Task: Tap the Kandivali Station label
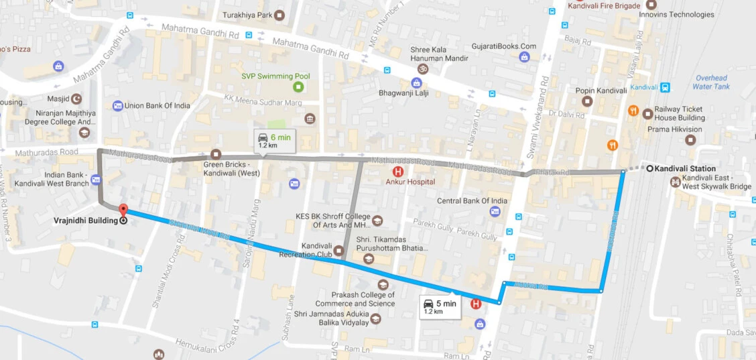point(686,168)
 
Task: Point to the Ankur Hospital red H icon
point(397,172)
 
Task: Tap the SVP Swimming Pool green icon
point(298,87)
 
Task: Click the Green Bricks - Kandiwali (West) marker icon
point(216,154)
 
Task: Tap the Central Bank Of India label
point(472,200)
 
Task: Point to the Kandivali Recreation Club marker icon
point(338,252)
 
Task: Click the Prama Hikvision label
point(674,129)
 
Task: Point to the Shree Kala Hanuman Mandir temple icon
point(423,68)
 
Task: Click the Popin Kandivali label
point(601,91)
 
